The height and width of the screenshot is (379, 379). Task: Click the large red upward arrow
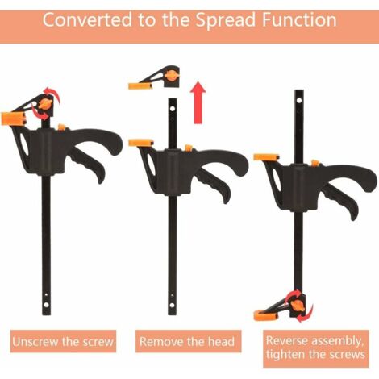point(198,103)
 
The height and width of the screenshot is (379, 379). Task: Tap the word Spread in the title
point(225,20)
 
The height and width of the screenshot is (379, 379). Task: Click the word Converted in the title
point(88,20)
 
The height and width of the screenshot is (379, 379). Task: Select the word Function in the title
point(299,20)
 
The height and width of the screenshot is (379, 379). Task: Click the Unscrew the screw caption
point(63,342)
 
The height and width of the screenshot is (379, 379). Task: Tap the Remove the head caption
point(187,342)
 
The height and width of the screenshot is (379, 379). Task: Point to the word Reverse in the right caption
point(285,340)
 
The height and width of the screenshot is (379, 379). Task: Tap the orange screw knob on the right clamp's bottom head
point(297,306)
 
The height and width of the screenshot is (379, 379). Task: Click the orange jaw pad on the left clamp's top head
point(14,119)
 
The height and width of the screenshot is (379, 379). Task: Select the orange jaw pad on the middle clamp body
point(141,143)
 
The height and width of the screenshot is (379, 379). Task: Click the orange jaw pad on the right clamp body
point(266,157)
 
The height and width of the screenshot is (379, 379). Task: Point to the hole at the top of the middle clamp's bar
point(173,109)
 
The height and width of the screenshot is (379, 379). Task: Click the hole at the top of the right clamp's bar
point(299,101)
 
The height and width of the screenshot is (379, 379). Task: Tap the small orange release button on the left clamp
point(62,127)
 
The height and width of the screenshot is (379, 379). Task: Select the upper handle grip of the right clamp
point(347,176)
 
